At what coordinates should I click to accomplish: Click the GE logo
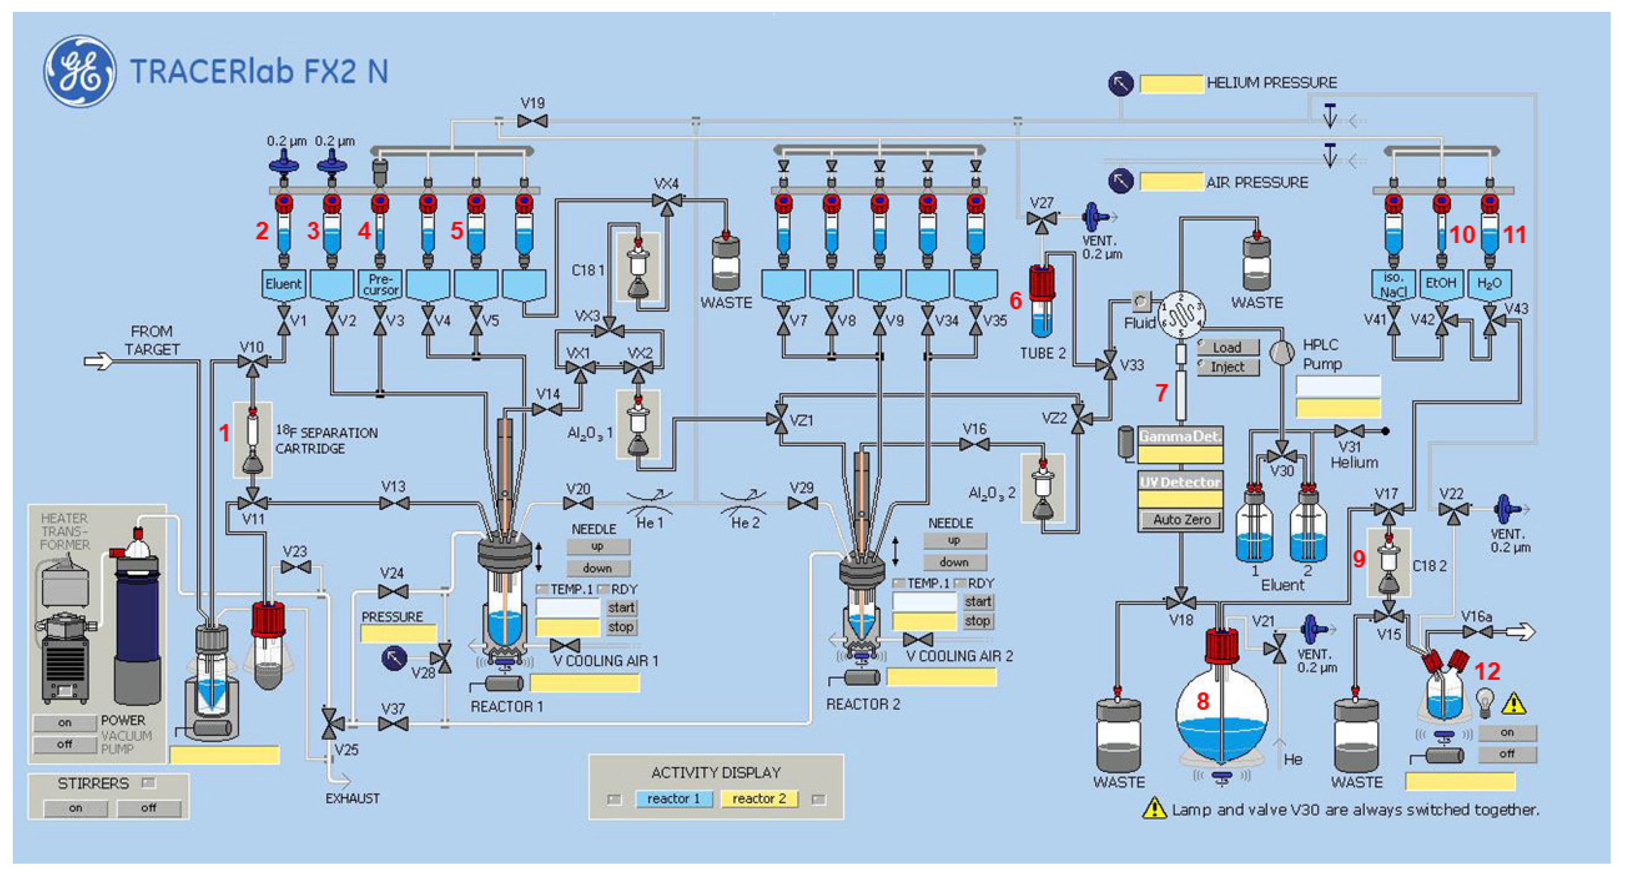(80, 71)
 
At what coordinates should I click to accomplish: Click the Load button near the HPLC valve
(1228, 347)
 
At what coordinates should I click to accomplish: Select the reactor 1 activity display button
(674, 799)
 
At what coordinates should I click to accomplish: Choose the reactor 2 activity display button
(759, 799)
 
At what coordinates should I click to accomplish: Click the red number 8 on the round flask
(1203, 701)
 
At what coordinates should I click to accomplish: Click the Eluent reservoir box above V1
(283, 284)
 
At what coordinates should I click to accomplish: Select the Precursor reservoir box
(380, 284)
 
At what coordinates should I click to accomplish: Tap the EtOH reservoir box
(1440, 283)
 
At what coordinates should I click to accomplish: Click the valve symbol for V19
(532, 121)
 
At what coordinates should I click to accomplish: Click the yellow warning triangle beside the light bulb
(1514, 703)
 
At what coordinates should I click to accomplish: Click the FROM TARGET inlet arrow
(98, 361)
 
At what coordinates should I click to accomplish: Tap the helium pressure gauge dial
(1121, 83)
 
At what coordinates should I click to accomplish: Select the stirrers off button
(149, 808)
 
